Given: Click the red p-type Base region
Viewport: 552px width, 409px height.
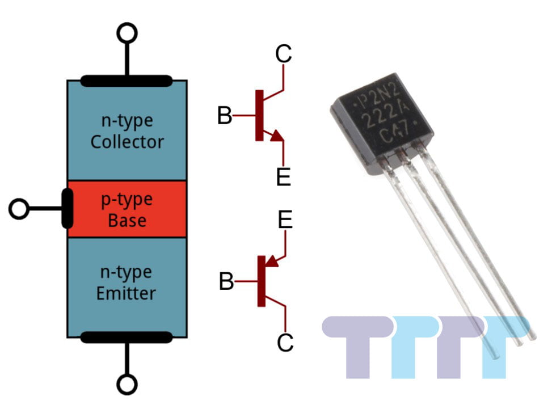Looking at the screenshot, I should coord(127,209).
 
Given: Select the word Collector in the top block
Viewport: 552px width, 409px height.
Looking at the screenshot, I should coord(127,141).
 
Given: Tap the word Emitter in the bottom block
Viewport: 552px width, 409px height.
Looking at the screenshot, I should coord(126,293).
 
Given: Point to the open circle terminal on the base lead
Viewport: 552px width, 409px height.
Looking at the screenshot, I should coord(19,209).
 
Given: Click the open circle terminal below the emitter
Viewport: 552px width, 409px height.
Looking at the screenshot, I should coord(127,385).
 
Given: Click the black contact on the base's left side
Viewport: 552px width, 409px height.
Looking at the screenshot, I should coord(67,209).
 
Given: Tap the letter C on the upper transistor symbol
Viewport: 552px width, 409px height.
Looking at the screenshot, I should coord(283,54).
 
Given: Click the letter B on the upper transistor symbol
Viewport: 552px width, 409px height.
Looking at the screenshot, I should coord(225,116).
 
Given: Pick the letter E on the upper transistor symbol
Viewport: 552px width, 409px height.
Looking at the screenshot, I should coord(283,178).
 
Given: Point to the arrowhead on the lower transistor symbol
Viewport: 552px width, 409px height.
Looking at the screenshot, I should coord(272,261).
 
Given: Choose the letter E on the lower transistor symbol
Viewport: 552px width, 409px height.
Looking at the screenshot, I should coord(285,220).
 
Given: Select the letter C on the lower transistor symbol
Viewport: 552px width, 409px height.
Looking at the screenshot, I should coord(285,342).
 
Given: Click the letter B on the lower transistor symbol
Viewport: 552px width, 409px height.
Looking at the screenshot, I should coord(226,281).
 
